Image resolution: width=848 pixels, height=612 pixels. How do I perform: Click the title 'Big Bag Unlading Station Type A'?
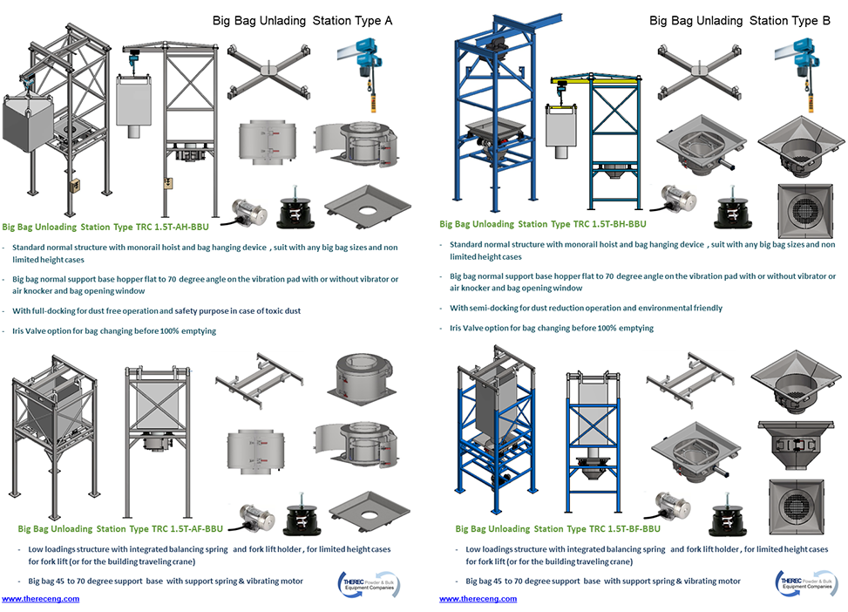[302, 21]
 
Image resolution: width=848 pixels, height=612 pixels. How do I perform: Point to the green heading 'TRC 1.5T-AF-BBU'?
[120, 528]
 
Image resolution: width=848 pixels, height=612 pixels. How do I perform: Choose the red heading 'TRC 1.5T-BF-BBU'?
[558, 528]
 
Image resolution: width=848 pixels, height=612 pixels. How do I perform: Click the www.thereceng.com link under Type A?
[40, 599]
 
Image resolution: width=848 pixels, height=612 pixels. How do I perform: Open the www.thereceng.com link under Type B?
[478, 599]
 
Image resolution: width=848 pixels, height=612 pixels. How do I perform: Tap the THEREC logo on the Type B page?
[807, 584]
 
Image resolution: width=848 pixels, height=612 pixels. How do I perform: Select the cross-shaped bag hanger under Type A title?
[269, 70]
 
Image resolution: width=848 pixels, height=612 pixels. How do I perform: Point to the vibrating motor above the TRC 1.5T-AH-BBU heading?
[252, 210]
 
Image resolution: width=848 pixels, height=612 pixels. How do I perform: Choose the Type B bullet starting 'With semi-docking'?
[586, 308]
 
